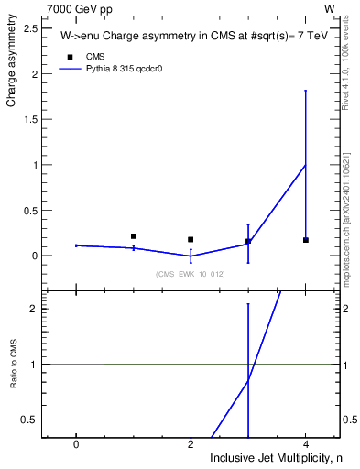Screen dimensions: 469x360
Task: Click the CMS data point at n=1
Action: click(x=134, y=236)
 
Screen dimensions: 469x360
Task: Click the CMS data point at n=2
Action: click(x=191, y=239)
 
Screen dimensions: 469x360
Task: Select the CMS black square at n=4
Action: click(x=306, y=240)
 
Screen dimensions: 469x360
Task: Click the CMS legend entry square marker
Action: click(x=69, y=57)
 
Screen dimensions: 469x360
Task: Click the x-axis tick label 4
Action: click(x=306, y=444)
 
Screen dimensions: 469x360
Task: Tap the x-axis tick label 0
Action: click(x=76, y=444)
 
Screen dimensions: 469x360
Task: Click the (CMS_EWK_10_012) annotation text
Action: click(x=190, y=274)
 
